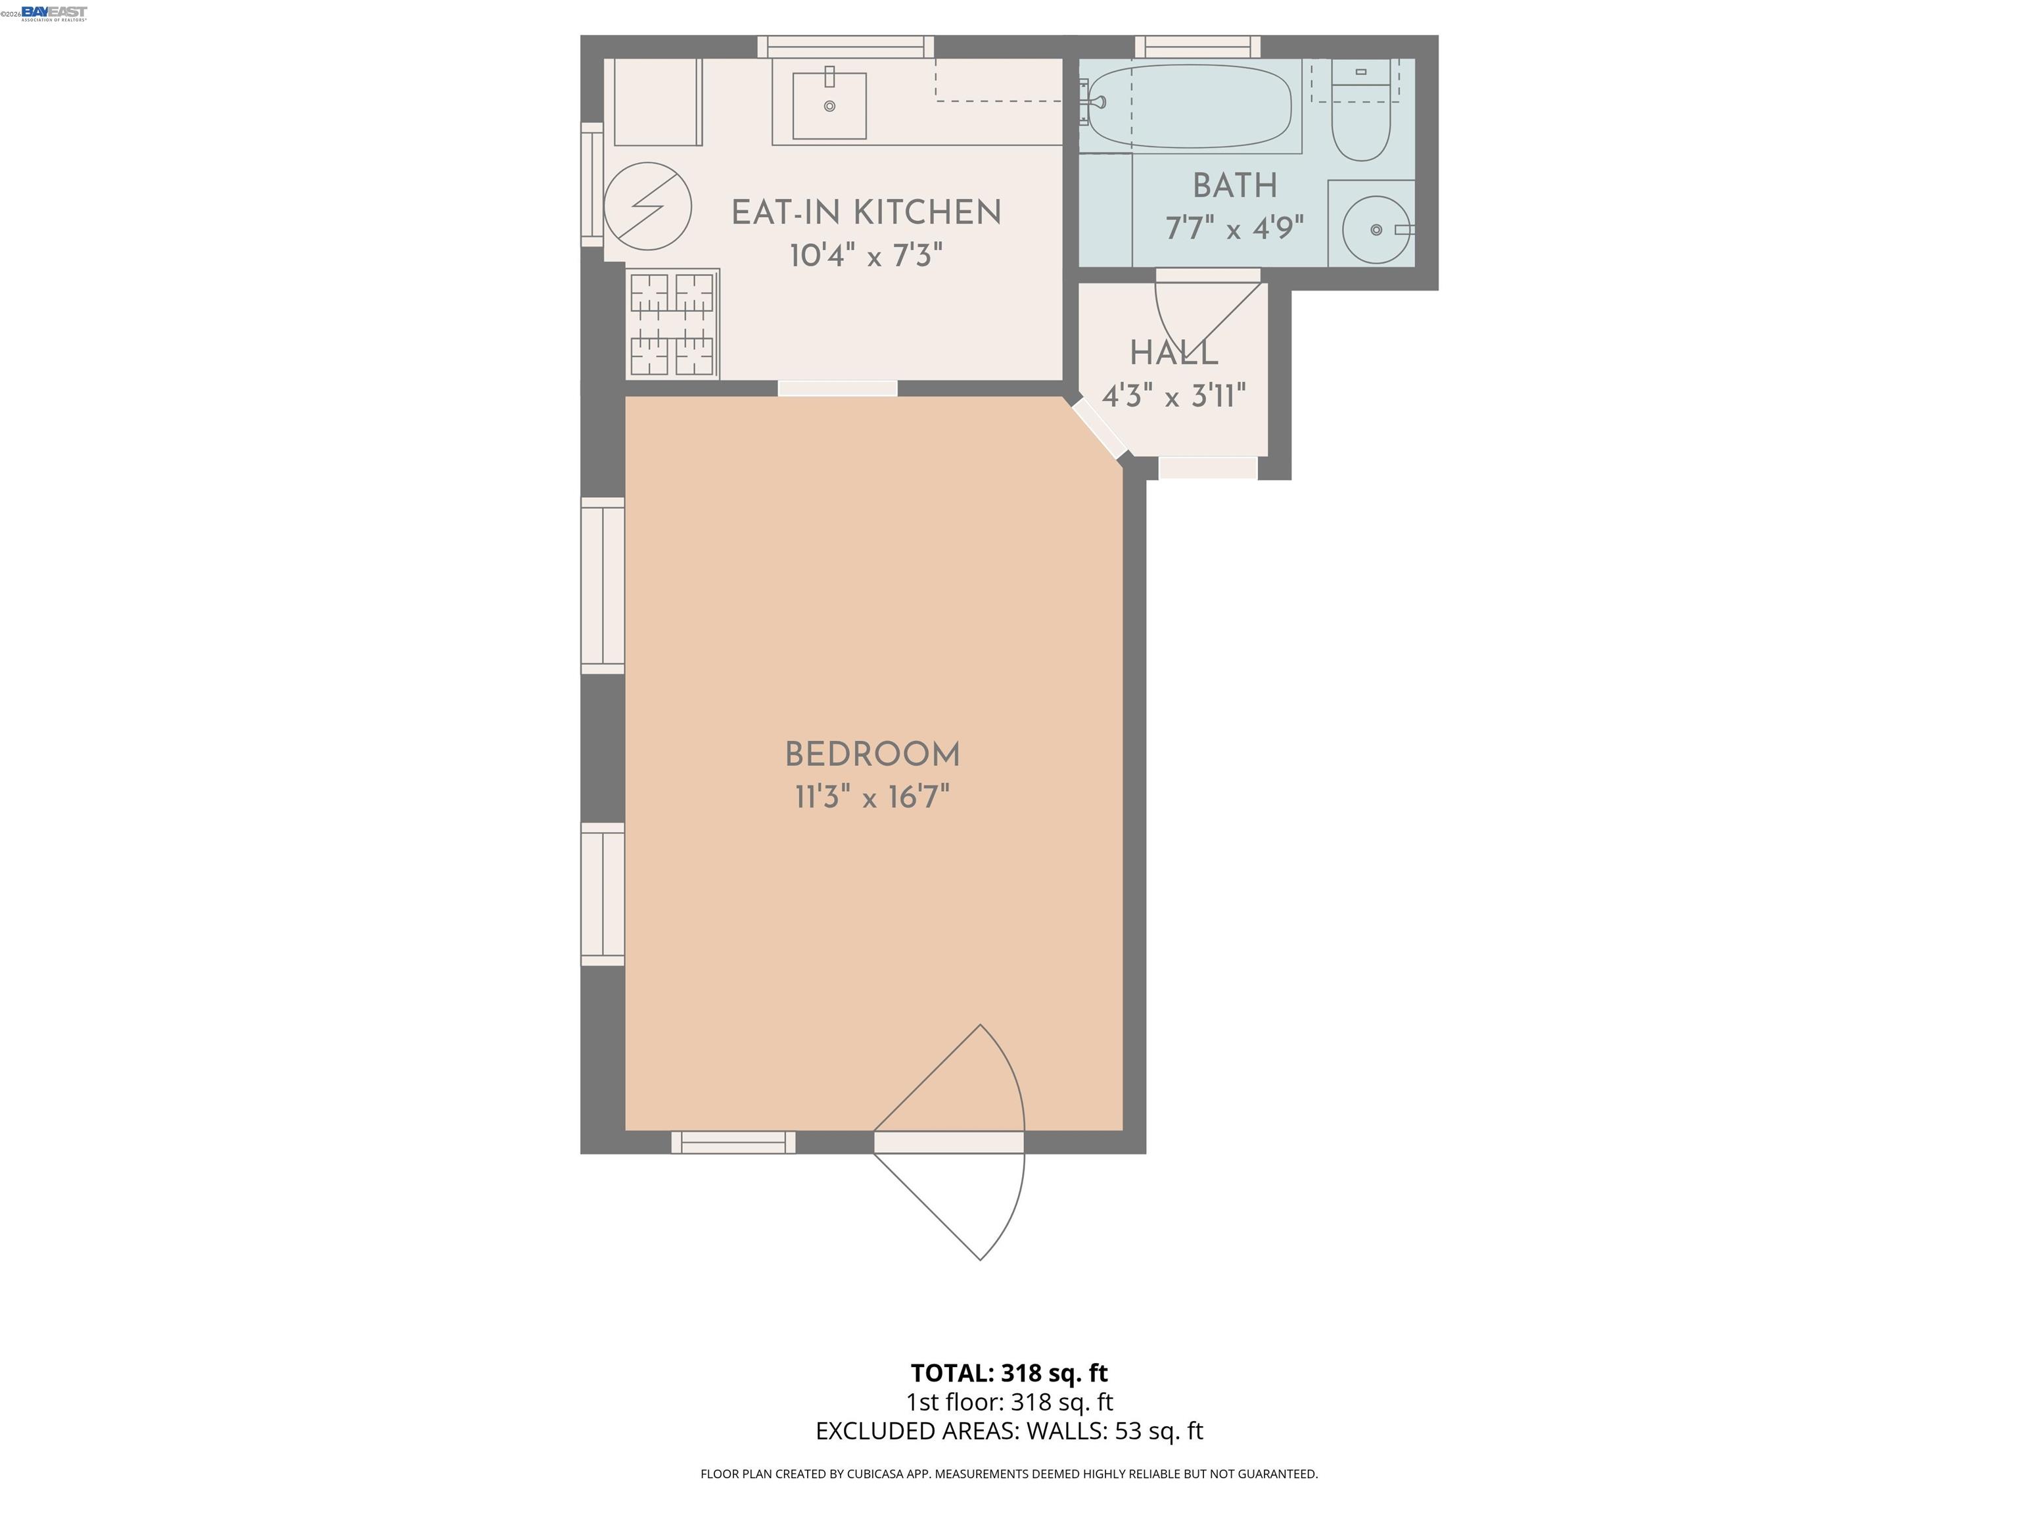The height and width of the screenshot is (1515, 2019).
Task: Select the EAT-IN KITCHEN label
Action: click(866, 213)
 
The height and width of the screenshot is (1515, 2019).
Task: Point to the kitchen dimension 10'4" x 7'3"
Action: click(866, 256)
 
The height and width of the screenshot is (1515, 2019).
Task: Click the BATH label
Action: click(1234, 186)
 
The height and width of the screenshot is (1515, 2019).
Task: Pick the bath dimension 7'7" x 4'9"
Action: click(1234, 228)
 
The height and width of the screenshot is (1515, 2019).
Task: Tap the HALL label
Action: click(1174, 353)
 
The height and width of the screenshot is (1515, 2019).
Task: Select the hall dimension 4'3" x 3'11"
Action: click(1174, 397)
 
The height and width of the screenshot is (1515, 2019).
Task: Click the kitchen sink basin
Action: click(829, 106)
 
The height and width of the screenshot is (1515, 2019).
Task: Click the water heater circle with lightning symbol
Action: click(647, 206)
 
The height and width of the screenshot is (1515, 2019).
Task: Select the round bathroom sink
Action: click(1376, 230)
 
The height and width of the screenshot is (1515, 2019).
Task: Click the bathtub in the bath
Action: click(1190, 106)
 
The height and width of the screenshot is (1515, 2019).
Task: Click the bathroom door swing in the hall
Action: click(1200, 315)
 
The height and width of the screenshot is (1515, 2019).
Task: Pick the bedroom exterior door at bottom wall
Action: click(949, 1142)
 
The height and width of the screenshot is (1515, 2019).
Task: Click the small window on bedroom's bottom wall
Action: click(733, 1142)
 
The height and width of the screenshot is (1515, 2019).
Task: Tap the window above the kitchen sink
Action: click(845, 47)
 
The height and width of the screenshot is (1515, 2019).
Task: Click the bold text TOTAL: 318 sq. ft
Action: click(1009, 1372)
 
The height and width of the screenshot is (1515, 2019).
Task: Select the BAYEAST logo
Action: click(54, 12)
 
